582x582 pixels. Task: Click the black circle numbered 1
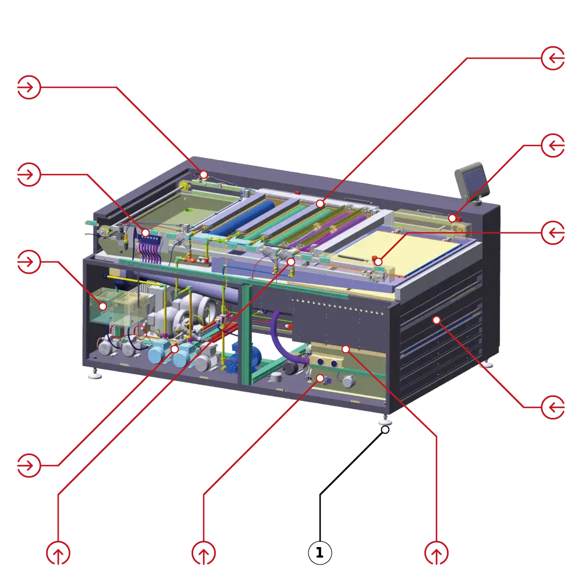pos(320,552)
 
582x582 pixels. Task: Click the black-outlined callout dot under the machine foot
pos(385,430)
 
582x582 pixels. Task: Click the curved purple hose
pos(286,340)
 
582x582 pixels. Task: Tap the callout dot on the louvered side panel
pos(436,320)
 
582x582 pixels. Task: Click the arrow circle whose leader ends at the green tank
pos(29,262)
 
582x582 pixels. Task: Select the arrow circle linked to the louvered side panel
pos(553,407)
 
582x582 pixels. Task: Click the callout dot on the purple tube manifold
pos(145,233)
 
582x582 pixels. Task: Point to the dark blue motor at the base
pos(243,357)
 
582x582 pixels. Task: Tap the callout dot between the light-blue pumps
pos(175,349)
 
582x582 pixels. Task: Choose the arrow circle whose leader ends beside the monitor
pos(553,145)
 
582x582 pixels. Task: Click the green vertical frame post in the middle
pos(246,334)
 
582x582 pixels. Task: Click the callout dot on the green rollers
pos(320,204)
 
